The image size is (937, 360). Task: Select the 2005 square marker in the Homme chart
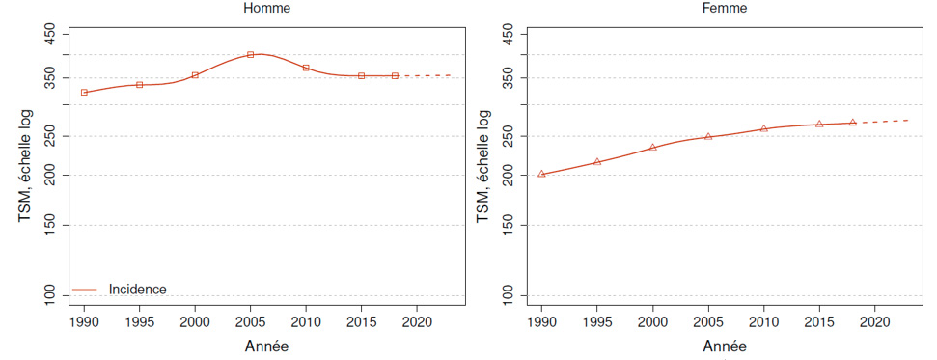251,54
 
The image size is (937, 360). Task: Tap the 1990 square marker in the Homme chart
84,93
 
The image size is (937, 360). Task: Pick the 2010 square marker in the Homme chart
306,68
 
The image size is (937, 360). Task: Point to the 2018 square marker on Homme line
395,75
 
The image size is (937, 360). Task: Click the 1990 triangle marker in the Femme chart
541,174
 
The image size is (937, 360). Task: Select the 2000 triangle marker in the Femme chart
652,147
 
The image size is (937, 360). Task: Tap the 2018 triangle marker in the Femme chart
852,123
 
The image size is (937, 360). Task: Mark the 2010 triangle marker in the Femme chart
763,128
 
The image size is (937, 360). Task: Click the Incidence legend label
138,289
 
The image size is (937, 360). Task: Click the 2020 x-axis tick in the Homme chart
416,321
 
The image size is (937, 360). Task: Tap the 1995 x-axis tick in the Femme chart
597,321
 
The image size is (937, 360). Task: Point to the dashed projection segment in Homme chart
425,75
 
